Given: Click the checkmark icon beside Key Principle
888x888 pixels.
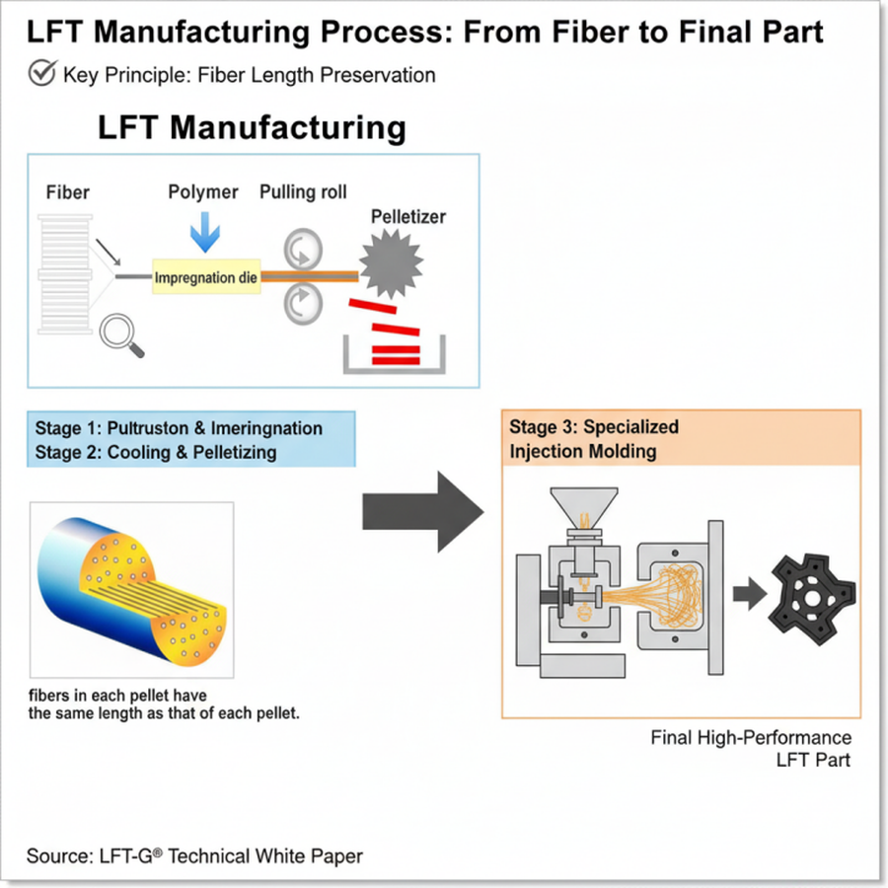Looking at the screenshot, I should [x=41, y=73].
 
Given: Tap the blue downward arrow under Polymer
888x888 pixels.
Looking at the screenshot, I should [x=205, y=233].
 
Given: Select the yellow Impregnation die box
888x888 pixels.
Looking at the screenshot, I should [x=206, y=278].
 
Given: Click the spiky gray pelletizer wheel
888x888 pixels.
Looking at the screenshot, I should [x=390, y=261].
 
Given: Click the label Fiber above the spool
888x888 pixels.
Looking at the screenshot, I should [x=67, y=191].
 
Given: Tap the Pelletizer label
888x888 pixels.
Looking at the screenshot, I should [x=407, y=215].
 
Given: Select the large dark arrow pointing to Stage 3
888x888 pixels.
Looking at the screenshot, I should [x=422, y=511].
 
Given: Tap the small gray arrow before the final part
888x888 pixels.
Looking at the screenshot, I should [x=749, y=593].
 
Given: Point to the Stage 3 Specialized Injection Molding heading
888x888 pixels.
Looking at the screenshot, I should [x=594, y=439].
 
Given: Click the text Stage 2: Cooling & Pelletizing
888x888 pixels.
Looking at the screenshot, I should [x=156, y=452].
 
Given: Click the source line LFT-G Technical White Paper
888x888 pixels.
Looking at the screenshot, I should [x=194, y=855].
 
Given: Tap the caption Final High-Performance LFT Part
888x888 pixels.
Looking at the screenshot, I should [x=751, y=749].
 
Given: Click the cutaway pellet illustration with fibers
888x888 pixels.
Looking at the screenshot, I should [x=131, y=590].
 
